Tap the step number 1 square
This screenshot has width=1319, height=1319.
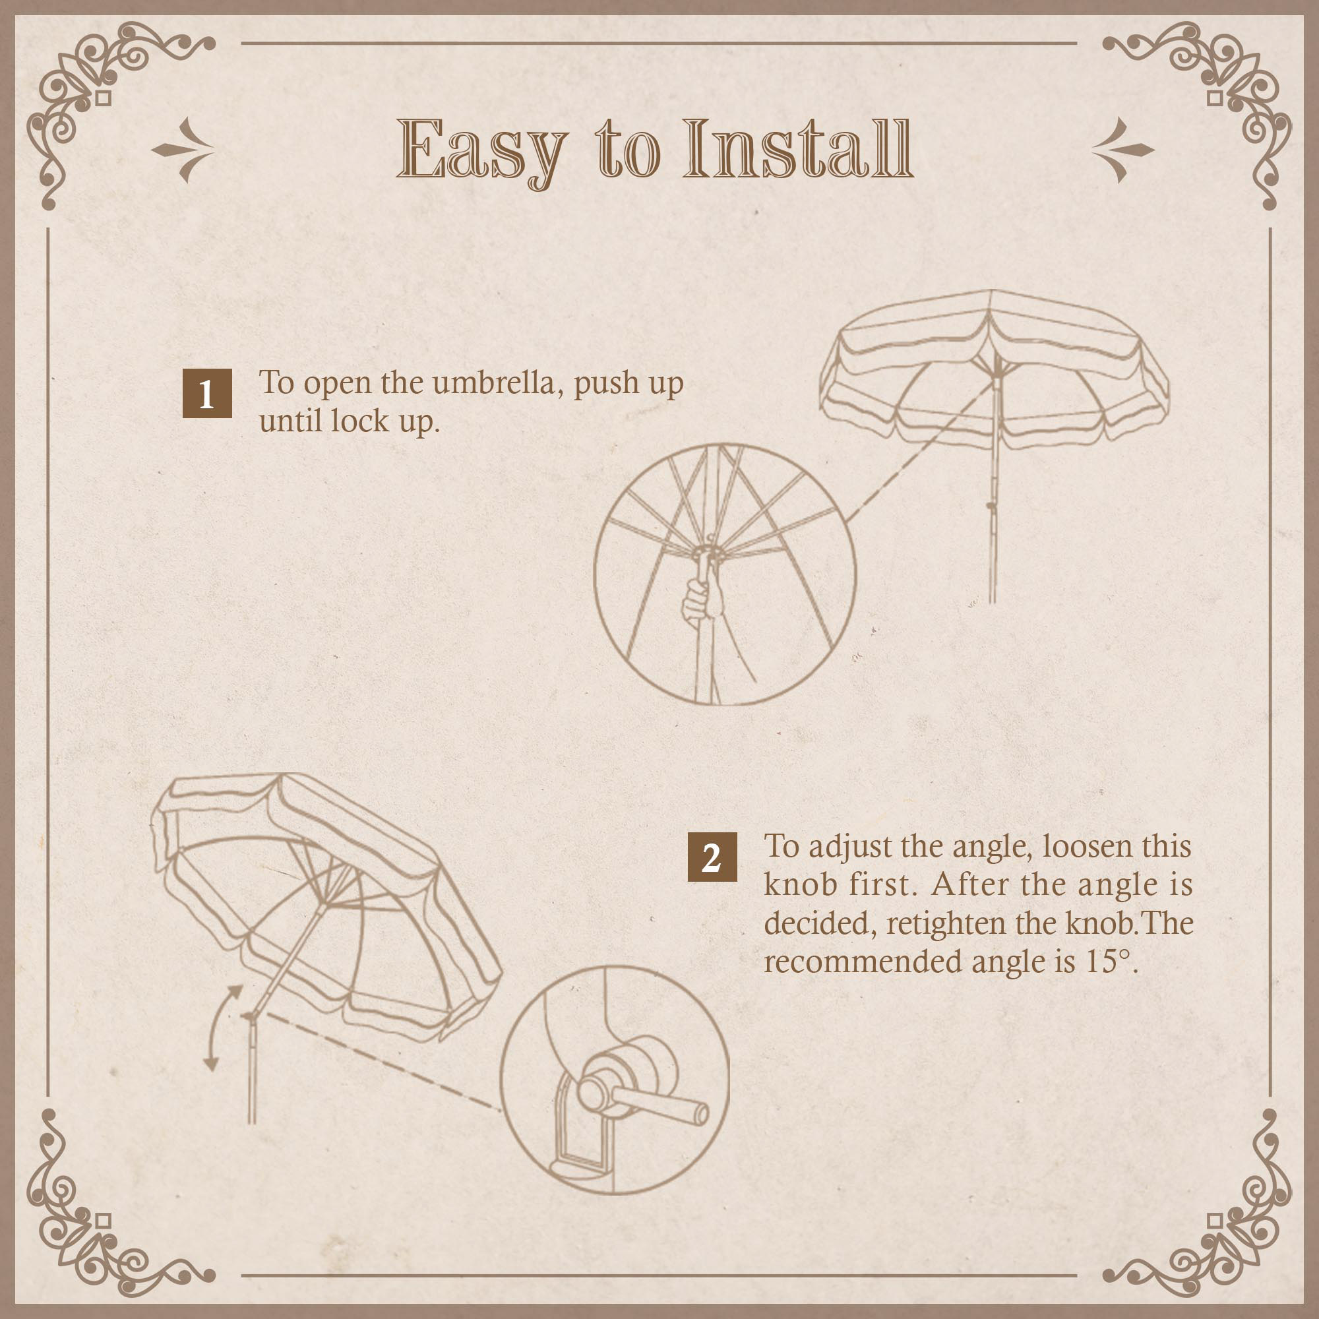207,393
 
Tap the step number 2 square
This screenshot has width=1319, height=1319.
712,857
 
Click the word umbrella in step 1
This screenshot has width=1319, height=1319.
497,383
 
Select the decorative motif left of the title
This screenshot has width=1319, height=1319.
182,150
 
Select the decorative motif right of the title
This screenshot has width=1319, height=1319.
1123,150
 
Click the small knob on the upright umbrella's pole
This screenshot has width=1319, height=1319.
991,506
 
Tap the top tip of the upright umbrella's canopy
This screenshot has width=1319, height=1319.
991,291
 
